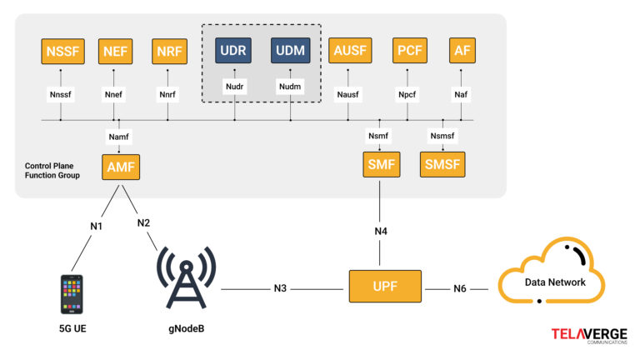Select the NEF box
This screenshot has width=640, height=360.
[114, 52]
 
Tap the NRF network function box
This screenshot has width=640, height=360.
[167, 52]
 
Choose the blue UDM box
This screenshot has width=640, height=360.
[290, 52]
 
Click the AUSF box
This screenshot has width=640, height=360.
[350, 52]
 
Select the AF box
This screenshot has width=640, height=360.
[462, 52]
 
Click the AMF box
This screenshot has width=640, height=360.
[120, 167]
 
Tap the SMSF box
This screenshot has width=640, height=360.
[442, 164]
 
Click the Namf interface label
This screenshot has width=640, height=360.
[120, 136]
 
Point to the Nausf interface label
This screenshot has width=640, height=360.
[350, 95]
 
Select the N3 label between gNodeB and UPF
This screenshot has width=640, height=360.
[280, 288]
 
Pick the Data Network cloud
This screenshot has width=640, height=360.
[555, 278]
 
